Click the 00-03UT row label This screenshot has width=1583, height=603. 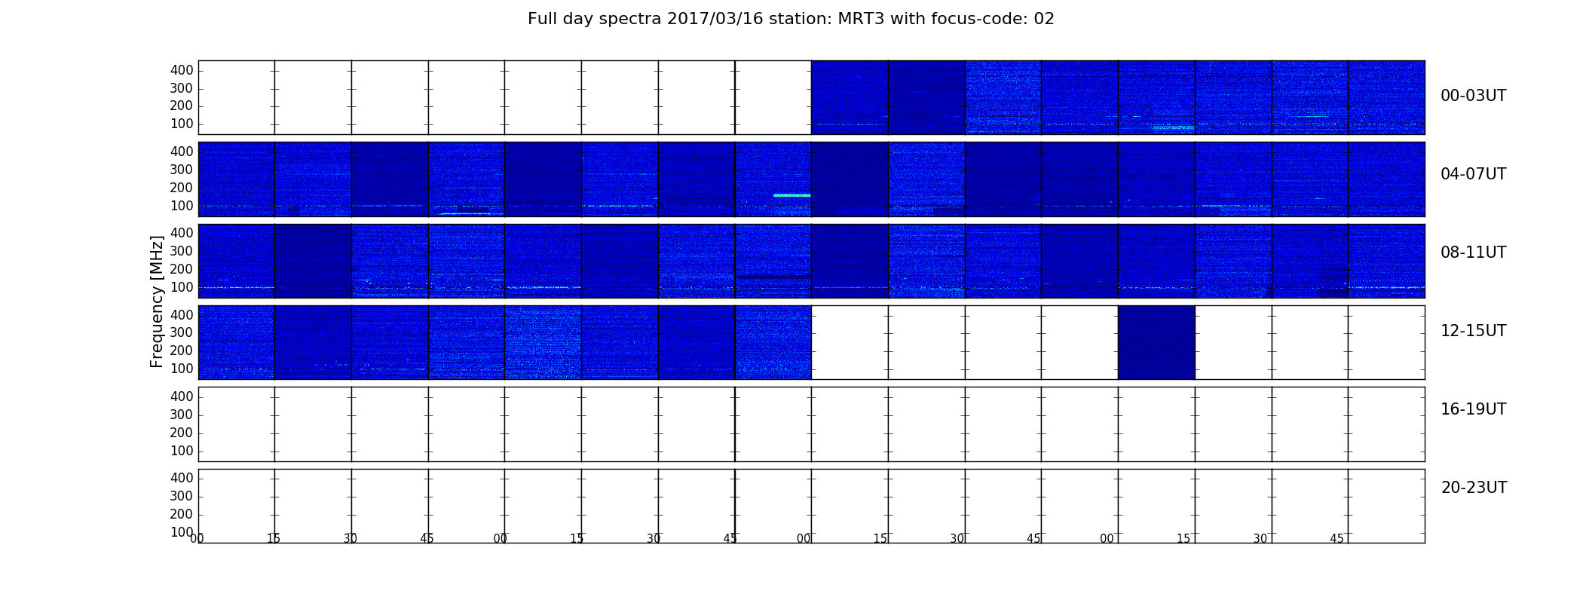[1473, 96]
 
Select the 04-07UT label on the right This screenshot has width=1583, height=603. [1473, 174]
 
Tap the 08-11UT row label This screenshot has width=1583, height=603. [1473, 253]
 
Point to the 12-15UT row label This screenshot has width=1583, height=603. [1473, 331]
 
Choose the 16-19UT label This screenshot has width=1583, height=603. [1473, 409]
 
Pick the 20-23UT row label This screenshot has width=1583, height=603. [1474, 488]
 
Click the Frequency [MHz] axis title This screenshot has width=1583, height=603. [157, 301]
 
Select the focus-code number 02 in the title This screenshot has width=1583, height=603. [1044, 19]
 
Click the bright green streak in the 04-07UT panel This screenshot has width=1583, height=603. [791, 195]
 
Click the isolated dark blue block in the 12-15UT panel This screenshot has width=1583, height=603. [1156, 342]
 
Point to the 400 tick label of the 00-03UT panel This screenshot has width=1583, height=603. [182, 70]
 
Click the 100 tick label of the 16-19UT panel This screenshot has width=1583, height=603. [182, 451]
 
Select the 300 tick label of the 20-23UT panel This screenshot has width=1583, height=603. [182, 496]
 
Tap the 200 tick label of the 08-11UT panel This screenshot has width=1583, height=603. [182, 269]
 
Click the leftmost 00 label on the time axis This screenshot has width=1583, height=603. [197, 539]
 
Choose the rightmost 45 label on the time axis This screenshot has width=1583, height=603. [1337, 539]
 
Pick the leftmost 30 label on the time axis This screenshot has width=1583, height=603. [350, 539]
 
